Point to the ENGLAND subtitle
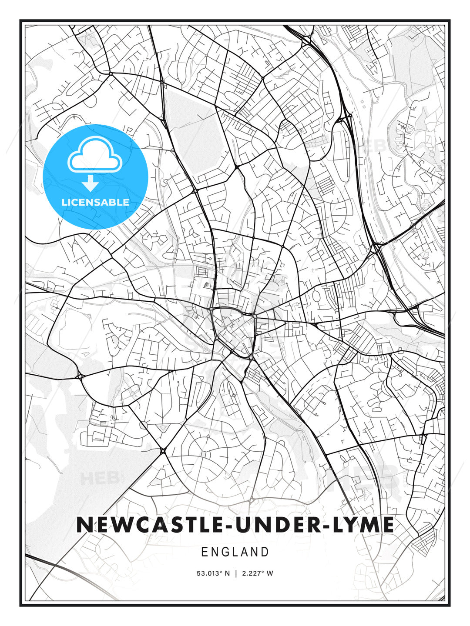[235, 552]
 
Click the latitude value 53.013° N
[213, 573]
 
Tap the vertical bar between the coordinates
[235, 573]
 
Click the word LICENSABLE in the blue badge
[95, 202]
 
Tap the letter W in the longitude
[270, 573]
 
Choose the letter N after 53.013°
[227, 573]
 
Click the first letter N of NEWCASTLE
[84, 525]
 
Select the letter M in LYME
[369, 525]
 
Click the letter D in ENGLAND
[265, 552]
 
